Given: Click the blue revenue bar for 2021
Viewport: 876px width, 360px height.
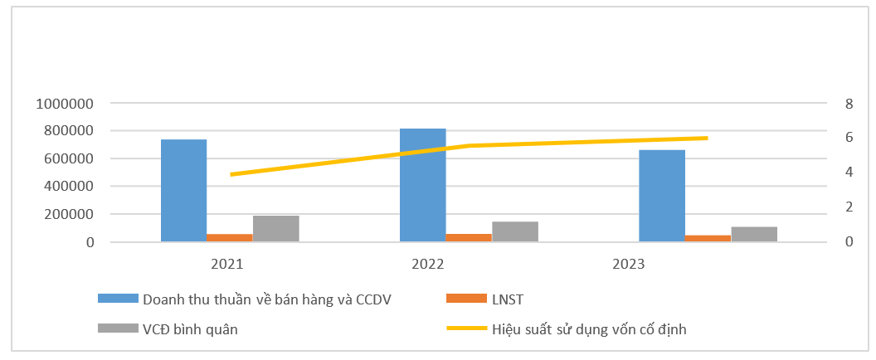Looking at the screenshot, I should click(183, 191).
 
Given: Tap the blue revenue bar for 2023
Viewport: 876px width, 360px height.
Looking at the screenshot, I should click(661, 196).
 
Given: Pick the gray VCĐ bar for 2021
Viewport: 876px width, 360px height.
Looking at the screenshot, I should click(275, 229).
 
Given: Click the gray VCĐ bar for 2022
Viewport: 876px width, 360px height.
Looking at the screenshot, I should click(514, 231).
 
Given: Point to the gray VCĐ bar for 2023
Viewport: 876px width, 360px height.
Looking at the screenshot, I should click(753, 234).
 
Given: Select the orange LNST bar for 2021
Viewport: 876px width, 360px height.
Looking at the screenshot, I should click(230, 238).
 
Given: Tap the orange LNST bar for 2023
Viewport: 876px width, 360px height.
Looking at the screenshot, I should click(708, 239).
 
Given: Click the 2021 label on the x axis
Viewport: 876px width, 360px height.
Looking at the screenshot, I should click(230, 265).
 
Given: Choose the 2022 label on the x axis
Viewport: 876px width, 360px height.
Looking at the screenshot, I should click(428, 265).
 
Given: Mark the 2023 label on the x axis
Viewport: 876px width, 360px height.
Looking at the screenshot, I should click(629, 265).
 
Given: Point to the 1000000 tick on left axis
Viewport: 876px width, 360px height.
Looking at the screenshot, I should click(63, 104).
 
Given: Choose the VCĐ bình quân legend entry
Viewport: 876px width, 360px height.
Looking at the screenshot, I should click(190, 328).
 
